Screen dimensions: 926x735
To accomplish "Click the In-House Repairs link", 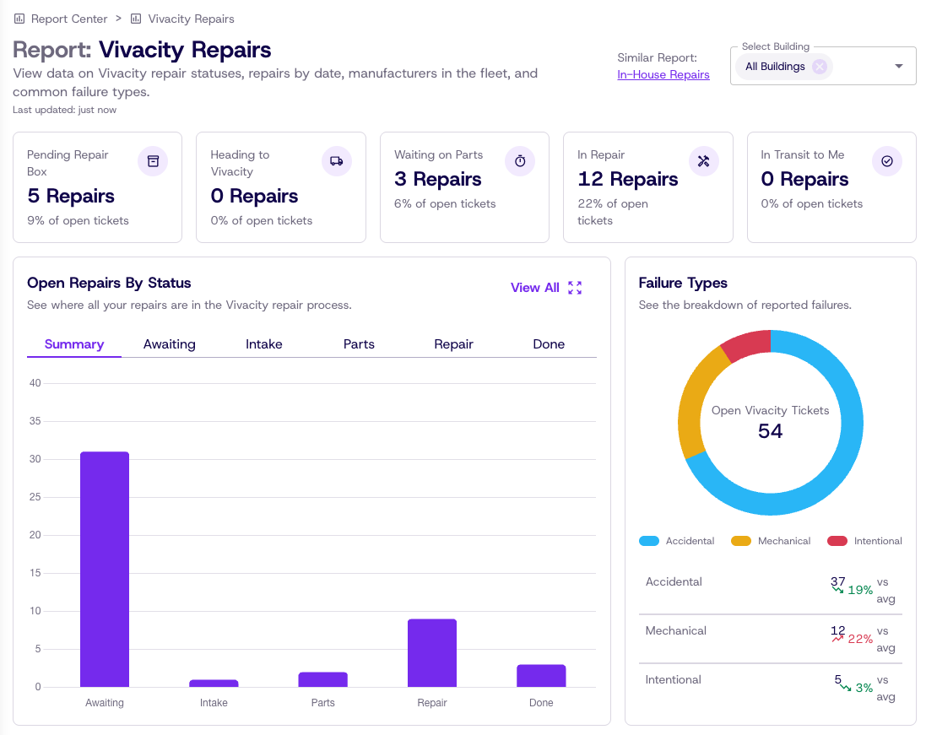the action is (663, 74).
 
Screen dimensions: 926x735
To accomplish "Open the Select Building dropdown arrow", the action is (898, 66).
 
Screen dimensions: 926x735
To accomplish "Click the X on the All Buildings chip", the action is (819, 66).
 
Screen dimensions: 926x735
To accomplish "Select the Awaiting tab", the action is (170, 344).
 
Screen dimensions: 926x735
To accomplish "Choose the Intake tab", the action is (264, 344).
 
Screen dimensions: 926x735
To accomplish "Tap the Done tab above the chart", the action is (549, 344).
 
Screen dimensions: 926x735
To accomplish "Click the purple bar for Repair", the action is (431, 653).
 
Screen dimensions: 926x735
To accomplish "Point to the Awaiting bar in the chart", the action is (105, 569).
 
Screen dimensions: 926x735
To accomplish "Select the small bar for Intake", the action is (214, 683).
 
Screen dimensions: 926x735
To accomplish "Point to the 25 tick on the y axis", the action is (35, 497).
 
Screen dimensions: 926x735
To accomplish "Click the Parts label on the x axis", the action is (323, 703).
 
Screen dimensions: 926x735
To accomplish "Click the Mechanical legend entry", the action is (771, 541).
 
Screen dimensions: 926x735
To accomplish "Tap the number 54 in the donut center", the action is (770, 431).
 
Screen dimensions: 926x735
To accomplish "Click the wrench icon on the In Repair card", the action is (703, 161).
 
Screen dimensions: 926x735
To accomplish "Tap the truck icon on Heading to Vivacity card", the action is (337, 161).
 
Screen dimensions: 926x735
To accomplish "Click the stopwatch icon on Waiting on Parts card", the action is (520, 161).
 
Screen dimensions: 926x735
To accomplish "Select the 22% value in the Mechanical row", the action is (860, 639).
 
